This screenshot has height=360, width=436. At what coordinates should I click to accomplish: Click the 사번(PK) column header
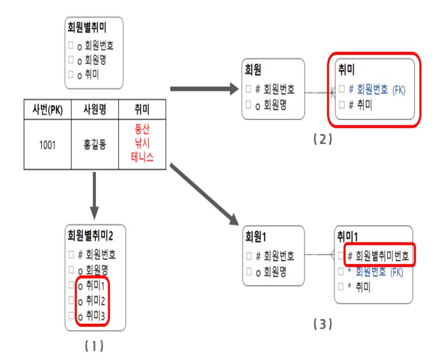tap(47, 110)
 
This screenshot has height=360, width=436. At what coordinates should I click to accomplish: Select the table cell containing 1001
tap(47, 145)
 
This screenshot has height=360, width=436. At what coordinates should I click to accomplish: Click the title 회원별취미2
tap(90, 235)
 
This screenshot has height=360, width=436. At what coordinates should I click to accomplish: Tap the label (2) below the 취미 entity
tap(322, 139)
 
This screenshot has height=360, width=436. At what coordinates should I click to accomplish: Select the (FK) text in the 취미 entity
tap(399, 89)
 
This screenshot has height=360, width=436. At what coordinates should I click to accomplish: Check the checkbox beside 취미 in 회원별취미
tap(71, 75)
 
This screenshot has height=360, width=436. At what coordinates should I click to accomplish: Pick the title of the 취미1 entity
tap(349, 236)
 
